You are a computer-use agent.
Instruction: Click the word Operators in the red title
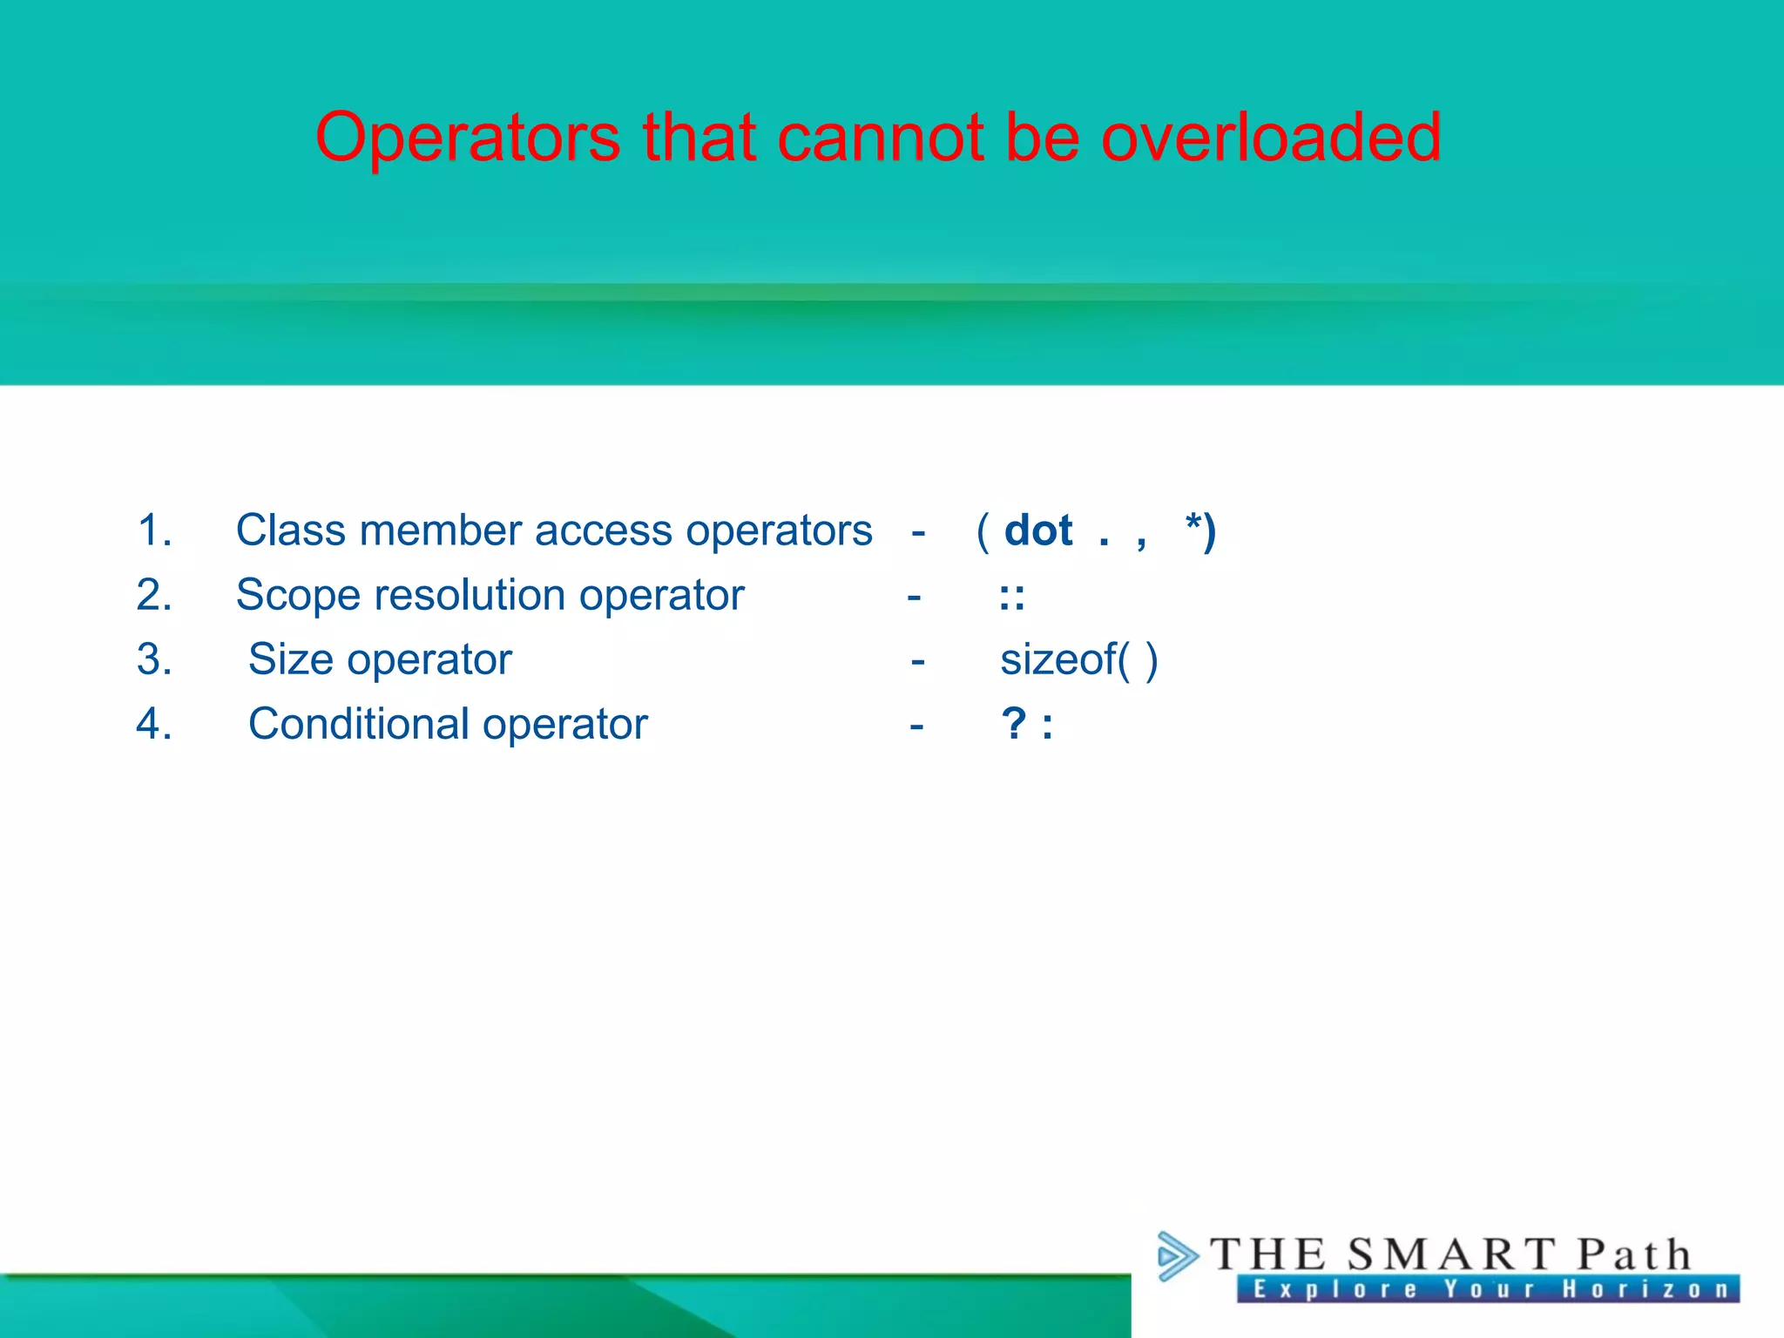point(468,138)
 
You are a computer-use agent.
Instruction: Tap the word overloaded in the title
point(1271,138)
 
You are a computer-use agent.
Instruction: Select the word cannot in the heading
point(881,138)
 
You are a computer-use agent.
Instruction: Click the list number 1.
point(154,530)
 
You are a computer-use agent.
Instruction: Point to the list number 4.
point(154,724)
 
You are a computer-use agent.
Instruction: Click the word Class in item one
point(290,530)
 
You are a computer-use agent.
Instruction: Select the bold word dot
point(1037,530)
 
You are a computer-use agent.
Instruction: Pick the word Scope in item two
point(298,596)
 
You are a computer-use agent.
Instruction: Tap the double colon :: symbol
point(1011,598)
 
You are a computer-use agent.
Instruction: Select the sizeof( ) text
point(1078,659)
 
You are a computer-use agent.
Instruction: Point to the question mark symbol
point(1014,724)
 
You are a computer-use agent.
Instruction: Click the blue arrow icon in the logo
point(1177,1256)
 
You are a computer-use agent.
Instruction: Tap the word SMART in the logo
point(1451,1255)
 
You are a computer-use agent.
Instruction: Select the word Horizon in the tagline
point(1645,1289)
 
